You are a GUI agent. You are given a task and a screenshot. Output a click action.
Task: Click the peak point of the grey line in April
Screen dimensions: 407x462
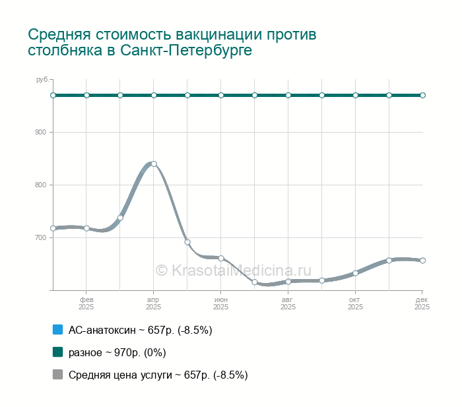pyautogui.click(x=154, y=164)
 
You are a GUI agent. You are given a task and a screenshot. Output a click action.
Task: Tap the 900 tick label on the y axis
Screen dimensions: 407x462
pyautogui.click(x=41, y=132)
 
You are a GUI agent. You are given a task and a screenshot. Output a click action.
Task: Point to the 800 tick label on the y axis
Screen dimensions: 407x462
pyautogui.click(x=41, y=185)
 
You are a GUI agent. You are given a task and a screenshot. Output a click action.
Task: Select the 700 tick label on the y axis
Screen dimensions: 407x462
pyautogui.click(x=41, y=237)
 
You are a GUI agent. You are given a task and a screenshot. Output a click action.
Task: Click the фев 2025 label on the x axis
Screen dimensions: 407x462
pyautogui.click(x=86, y=303)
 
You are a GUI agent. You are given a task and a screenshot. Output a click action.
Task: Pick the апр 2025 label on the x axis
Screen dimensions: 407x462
pyautogui.click(x=154, y=303)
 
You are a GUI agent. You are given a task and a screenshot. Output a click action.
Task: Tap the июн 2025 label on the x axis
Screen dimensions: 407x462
pyautogui.click(x=221, y=303)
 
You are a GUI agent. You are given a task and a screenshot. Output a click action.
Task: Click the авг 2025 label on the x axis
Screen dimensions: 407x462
pyautogui.click(x=288, y=303)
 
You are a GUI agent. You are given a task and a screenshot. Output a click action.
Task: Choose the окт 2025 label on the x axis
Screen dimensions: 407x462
pyautogui.click(x=356, y=303)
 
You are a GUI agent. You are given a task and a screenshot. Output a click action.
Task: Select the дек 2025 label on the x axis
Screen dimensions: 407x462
pyautogui.click(x=422, y=303)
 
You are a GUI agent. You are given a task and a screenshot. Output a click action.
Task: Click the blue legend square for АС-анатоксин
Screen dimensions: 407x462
pyautogui.click(x=57, y=329)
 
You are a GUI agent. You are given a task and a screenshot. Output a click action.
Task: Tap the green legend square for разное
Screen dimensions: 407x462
pyautogui.click(x=57, y=352)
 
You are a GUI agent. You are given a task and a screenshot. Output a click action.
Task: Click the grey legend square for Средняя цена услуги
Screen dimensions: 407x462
pyautogui.click(x=57, y=375)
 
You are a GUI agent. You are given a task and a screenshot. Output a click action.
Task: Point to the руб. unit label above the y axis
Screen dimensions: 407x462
pyautogui.click(x=42, y=80)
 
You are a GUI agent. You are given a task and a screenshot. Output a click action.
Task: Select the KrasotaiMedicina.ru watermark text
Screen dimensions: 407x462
pyautogui.click(x=233, y=270)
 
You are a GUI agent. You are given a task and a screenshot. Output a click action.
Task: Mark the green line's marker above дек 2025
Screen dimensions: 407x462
pyautogui.click(x=422, y=95)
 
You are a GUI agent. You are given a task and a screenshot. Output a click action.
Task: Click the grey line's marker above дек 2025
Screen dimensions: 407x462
pyautogui.click(x=422, y=260)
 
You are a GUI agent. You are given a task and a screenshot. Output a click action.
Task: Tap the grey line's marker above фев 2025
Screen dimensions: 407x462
pyautogui.click(x=86, y=228)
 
